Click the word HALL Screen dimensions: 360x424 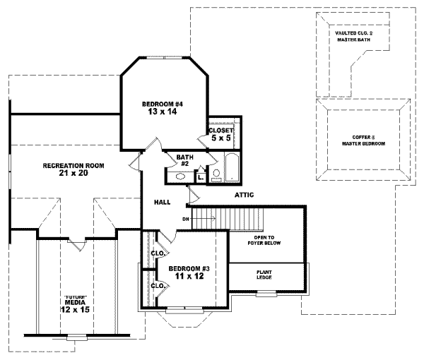point(162,203)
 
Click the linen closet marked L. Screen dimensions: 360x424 point(201,177)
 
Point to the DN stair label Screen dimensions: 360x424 point(186,219)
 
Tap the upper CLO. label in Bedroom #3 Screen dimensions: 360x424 point(156,253)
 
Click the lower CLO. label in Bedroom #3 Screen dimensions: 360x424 point(156,286)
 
